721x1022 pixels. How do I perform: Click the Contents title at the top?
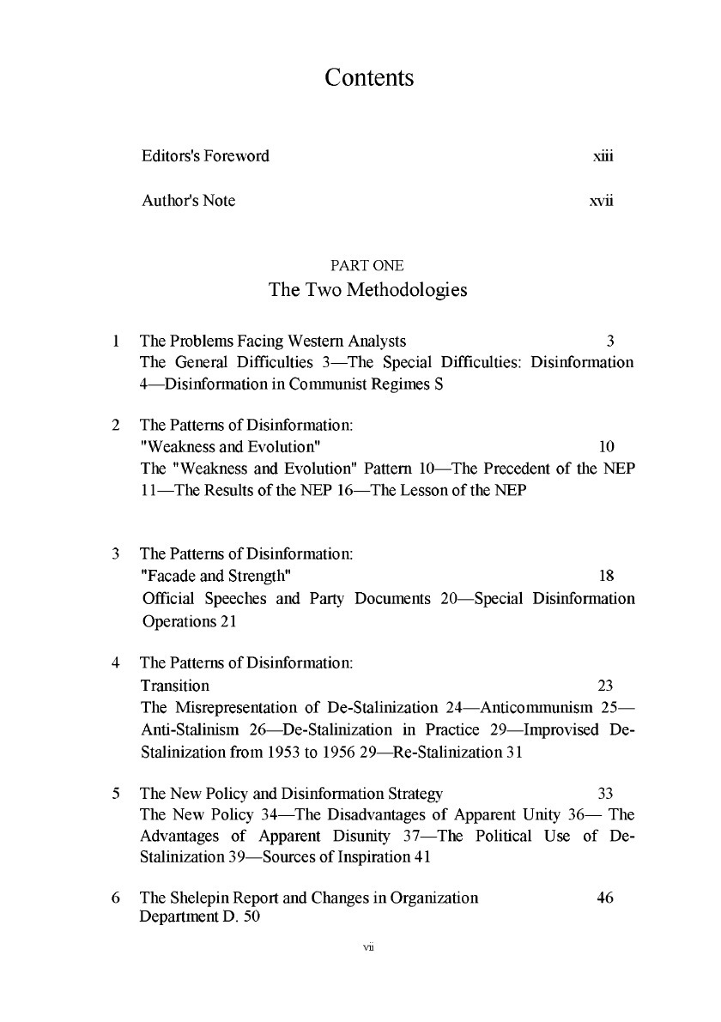369,79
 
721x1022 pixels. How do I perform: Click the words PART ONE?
368,265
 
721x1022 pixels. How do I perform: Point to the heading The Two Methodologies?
368,290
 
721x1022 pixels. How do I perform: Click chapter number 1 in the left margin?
116,341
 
